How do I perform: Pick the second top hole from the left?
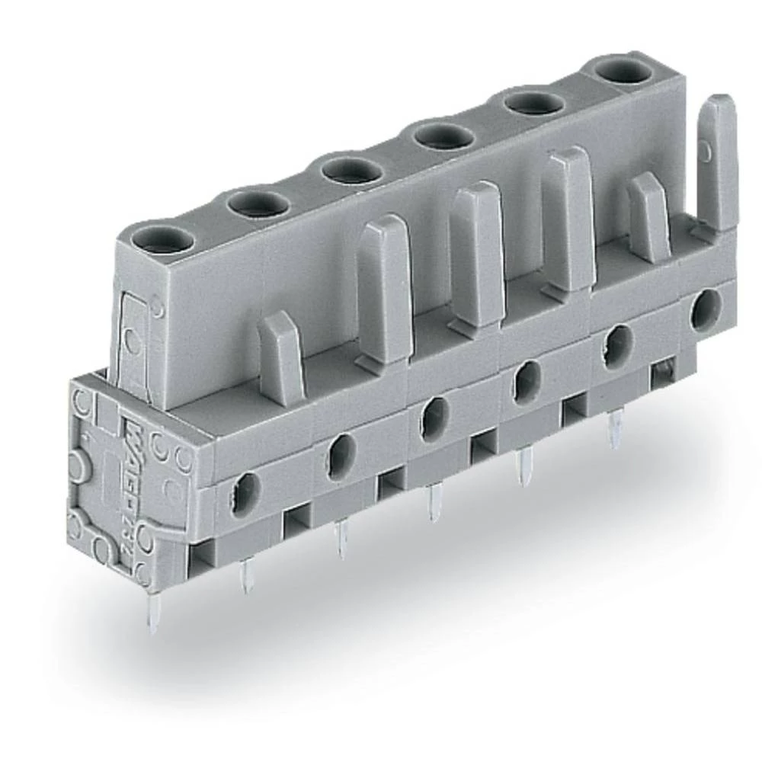258,204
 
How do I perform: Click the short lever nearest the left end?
281,354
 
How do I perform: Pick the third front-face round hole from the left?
433,415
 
